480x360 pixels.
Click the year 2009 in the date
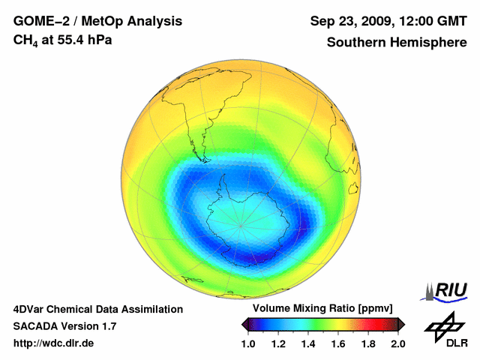(376, 20)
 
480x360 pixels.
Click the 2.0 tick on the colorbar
(397, 343)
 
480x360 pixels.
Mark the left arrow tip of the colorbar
(242, 324)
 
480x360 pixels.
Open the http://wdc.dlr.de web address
(54, 343)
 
